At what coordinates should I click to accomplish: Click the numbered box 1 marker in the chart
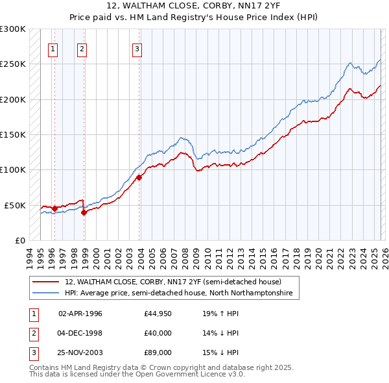coord(53,47)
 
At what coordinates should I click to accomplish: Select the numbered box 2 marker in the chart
coord(82,47)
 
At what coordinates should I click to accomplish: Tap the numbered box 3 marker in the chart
coord(137,47)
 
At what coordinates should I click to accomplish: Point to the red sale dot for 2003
coord(139,177)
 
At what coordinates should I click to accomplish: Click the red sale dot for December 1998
coord(84,212)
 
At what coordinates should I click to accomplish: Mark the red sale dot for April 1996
coord(54,208)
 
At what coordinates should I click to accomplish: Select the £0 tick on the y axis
coord(19,240)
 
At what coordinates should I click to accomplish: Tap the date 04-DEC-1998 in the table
coord(81,333)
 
